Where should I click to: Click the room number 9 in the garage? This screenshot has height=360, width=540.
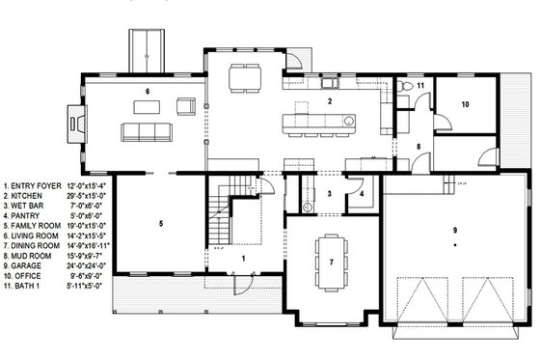tap(452, 232)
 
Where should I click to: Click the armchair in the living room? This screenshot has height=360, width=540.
tap(185, 103)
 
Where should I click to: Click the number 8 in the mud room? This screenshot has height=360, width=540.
tap(418, 147)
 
